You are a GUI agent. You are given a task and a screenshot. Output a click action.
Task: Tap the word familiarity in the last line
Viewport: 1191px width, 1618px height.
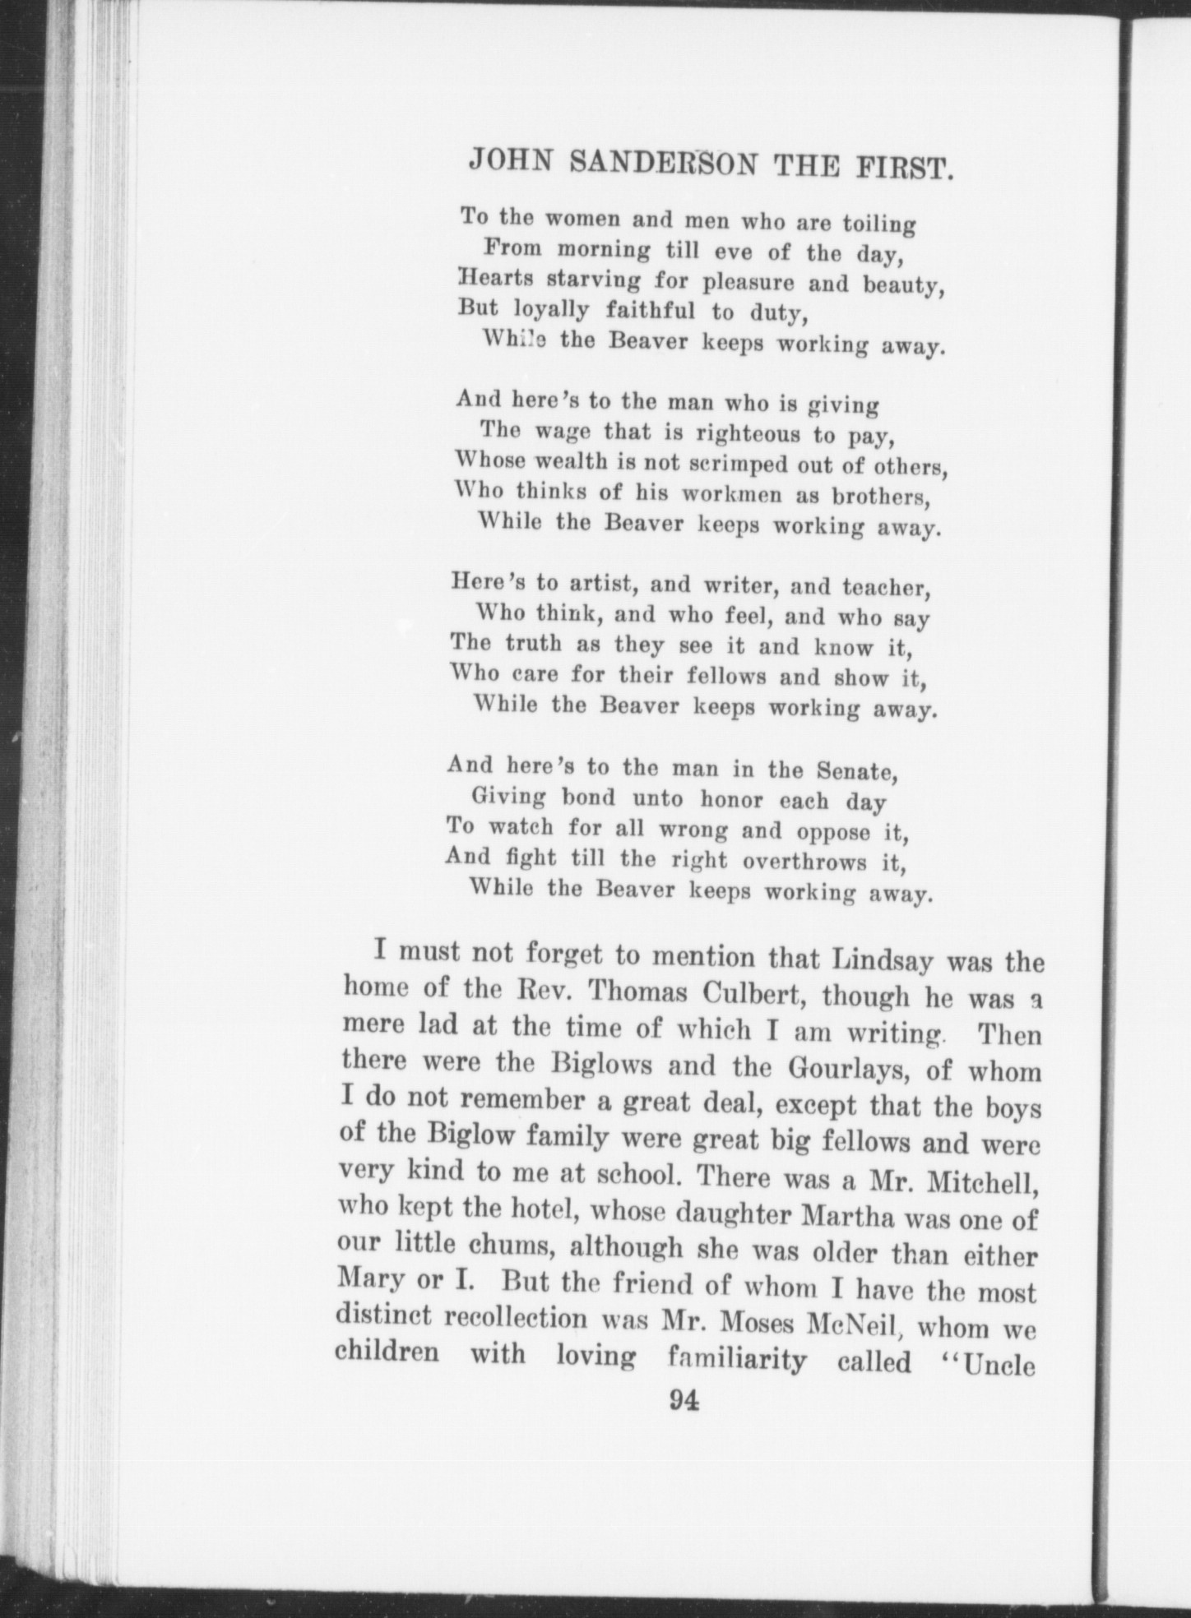click(738, 1361)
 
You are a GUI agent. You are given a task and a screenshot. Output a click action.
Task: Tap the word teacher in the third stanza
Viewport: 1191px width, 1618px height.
click(887, 589)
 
